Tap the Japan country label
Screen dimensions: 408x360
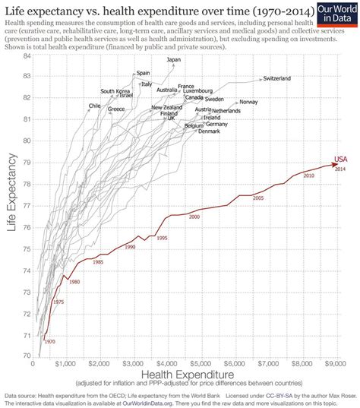(174, 59)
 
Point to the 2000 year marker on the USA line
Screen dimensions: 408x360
(194, 217)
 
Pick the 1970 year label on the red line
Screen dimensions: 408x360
(50, 342)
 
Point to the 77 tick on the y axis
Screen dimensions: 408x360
(27, 205)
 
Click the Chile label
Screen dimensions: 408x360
(95, 106)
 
